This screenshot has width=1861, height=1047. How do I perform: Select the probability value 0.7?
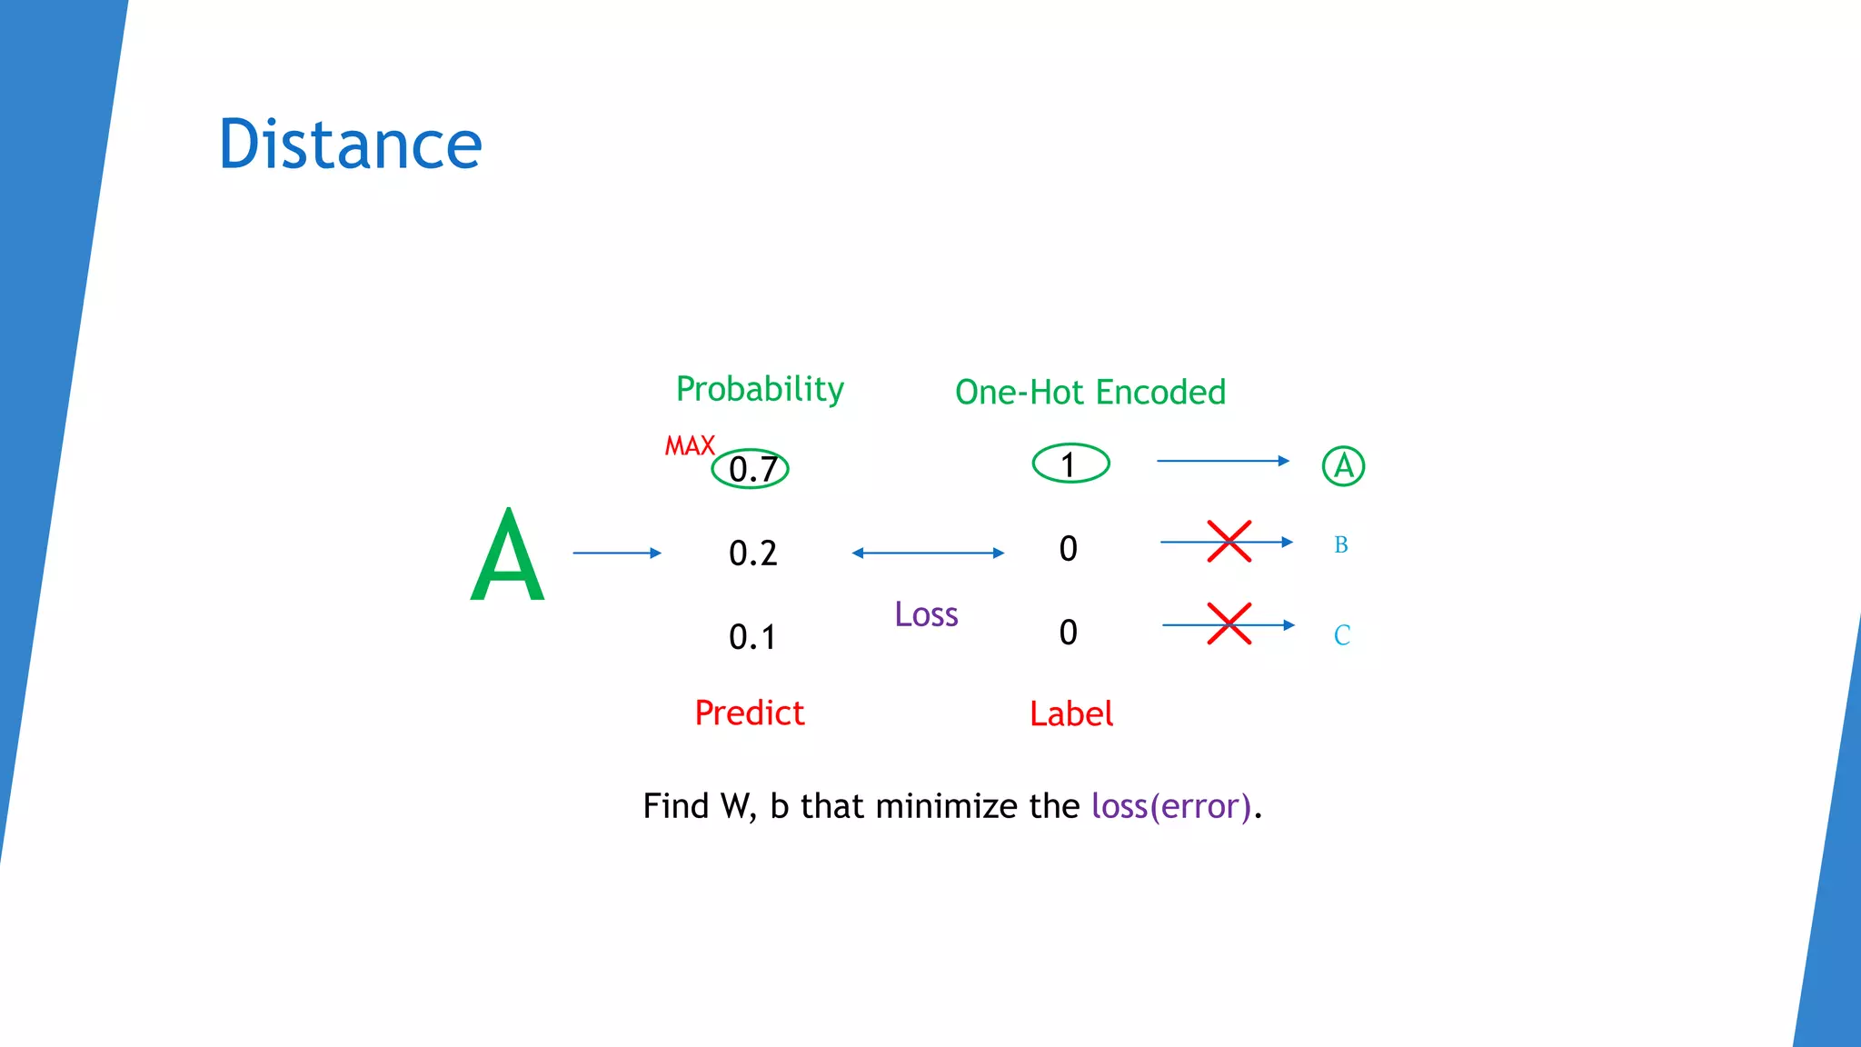(751, 469)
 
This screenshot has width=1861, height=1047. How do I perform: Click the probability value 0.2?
(752, 553)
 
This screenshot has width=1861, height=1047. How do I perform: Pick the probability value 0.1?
(751, 636)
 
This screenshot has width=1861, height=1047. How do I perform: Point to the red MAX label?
(690, 446)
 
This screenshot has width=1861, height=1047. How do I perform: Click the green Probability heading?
(760, 389)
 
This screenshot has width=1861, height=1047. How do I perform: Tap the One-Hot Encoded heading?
(1090, 392)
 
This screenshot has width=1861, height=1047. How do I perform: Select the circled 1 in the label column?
(1070, 464)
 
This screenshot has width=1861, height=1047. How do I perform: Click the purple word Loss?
(926, 614)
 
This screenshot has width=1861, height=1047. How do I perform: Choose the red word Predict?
(749, 713)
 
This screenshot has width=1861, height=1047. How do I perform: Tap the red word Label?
(1070, 713)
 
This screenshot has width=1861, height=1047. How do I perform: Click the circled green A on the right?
(1343, 466)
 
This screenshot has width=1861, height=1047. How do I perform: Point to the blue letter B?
(1340, 544)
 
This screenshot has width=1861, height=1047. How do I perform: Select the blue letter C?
(1341, 634)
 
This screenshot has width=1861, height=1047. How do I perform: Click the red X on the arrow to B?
(1229, 542)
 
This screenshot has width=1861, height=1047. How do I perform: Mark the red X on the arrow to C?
(1229, 624)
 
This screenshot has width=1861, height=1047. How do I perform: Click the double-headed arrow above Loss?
(928, 553)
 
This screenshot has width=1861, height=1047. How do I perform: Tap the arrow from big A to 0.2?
(616, 553)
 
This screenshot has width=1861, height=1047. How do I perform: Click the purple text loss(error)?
(1171, 806)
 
